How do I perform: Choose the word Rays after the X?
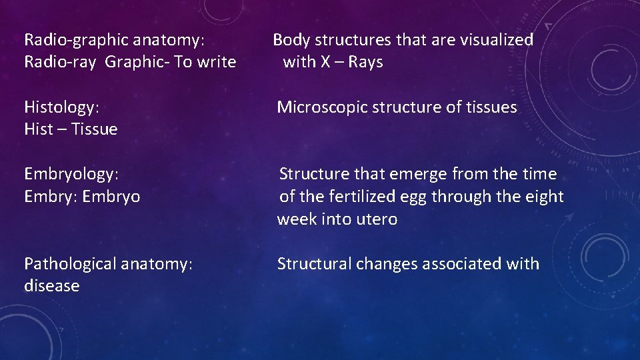(x=365, y=62)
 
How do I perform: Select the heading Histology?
(x=62, y=107)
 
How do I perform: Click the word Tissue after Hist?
(x=94, y=129)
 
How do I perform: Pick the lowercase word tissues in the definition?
(x=492, y=107)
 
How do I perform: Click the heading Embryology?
(x=71, y=174)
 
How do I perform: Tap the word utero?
(x=375, y=219)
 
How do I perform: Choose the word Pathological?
(x=73, y=264)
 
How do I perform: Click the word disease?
(x=51, y=286)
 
